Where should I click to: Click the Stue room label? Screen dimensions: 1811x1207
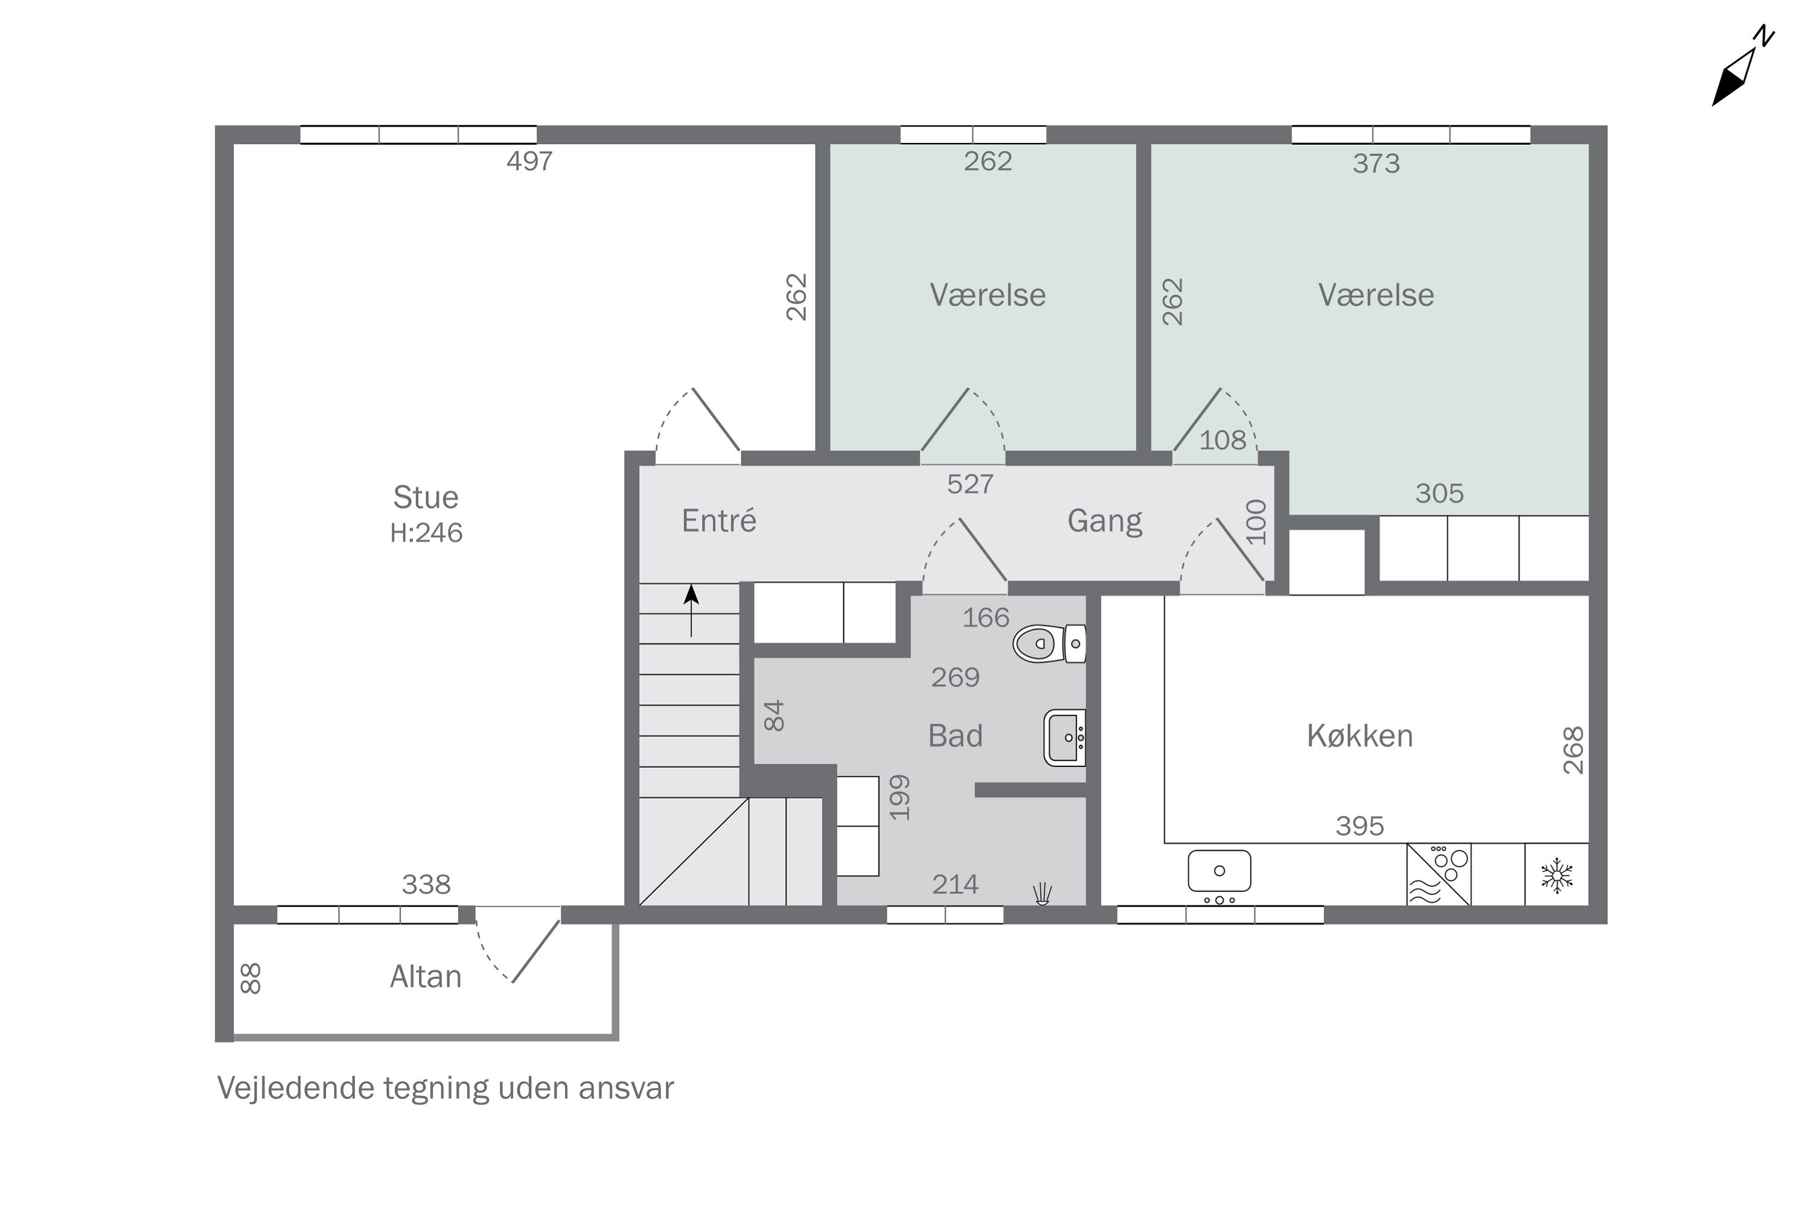tap(426, 497)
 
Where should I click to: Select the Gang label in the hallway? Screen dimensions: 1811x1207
tap(1105, 522)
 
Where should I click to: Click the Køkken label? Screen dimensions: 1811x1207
tap(1360, 736)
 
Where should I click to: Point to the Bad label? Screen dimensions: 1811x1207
tap(956, 736)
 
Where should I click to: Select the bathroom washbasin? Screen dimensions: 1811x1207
tap(1065, 737)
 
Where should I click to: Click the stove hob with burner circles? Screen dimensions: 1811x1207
tap(1439, 874)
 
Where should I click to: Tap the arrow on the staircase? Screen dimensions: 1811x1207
tap(691, 610)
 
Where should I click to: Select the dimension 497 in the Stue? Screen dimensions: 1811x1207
tap(530, 161)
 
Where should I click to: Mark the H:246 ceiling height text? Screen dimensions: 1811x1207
tap(426, 533)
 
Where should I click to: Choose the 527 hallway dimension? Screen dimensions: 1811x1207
tap(970, 483)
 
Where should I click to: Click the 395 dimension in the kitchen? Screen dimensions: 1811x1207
tap(1360, 826)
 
